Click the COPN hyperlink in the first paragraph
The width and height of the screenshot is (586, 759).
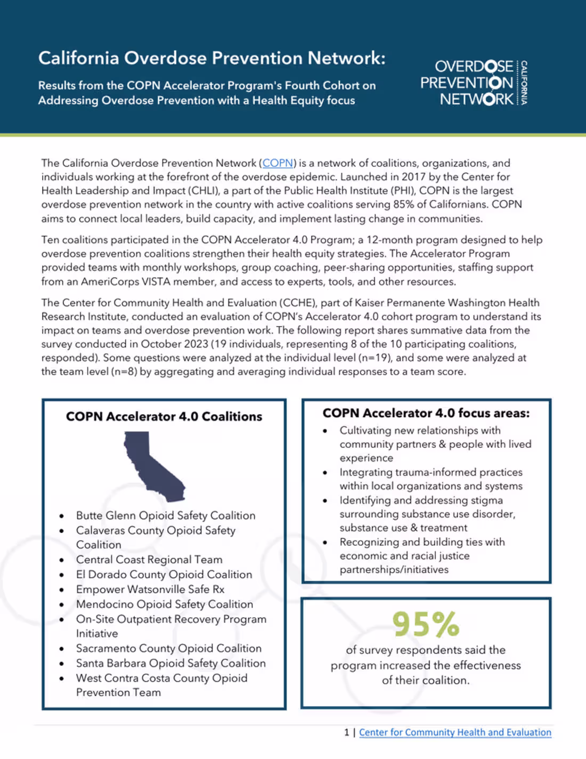coord(278,163)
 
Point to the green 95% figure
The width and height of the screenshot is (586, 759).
coord(426,624)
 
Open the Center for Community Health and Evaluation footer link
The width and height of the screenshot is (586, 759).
coord(455,732)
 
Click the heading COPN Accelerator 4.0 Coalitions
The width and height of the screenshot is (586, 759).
coord(164,416)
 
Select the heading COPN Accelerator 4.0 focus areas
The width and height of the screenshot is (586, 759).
coord(426,413)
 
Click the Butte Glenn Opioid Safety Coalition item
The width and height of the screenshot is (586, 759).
coord(165,515)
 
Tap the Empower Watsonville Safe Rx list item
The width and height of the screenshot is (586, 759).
coord(150,589)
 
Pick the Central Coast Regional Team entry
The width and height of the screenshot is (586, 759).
coord(149,560)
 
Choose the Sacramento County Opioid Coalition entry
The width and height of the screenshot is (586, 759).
coord(168,648)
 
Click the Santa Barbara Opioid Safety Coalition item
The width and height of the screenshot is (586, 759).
coord(170,663)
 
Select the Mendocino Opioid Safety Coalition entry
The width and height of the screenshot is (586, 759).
coord(164,604)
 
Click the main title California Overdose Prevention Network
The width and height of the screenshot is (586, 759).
coord(211,58)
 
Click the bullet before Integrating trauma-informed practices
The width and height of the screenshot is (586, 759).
coord(325,473)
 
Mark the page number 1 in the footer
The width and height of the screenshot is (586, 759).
coord(347,732)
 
